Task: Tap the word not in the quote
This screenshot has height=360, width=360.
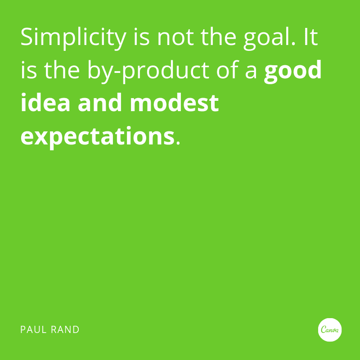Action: [176, 38]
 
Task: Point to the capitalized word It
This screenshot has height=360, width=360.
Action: [310, 37]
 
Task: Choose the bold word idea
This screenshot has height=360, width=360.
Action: [45, 103]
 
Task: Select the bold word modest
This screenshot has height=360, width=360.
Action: [174, 103]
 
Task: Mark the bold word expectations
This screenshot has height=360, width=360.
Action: [97, 136]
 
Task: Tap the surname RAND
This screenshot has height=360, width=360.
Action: [66, 330]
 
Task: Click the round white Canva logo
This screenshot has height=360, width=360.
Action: [329, 330]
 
